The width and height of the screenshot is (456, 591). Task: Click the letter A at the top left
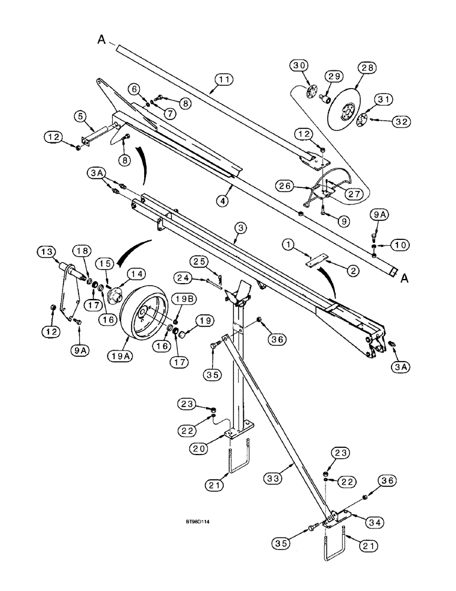(x=102, y=40)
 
